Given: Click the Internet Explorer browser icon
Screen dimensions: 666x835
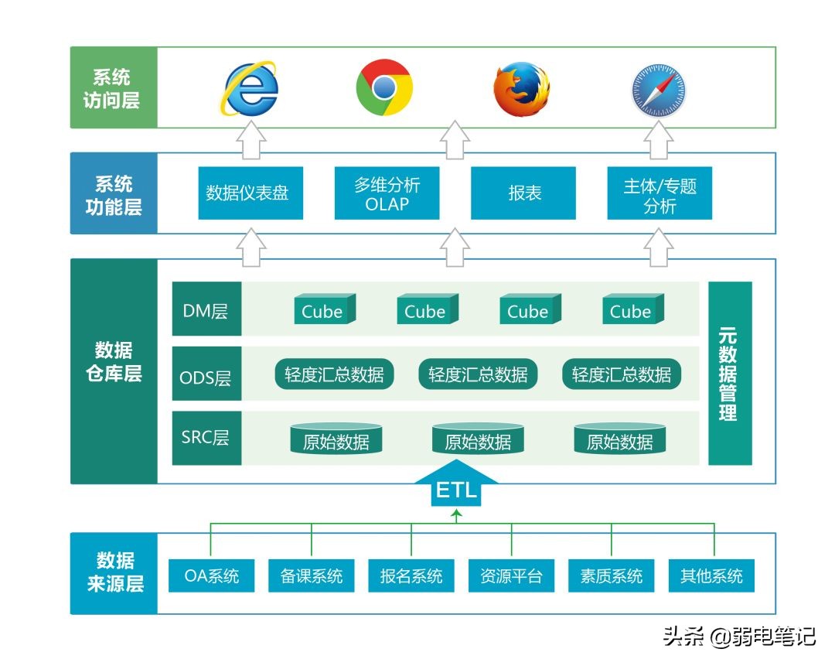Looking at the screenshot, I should (249, 88).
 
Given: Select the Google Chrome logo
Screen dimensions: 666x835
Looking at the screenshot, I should (384, 87).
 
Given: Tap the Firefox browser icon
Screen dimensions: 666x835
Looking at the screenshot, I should (522, 88).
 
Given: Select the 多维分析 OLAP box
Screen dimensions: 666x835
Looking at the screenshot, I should (387, 193).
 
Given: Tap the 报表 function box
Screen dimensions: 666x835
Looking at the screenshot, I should (523, 193).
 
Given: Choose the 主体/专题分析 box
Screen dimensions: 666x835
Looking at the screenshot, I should (659, 193).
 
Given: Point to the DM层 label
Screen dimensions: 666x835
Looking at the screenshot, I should (206, 311).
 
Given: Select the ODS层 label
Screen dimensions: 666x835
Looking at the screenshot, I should (206, 377).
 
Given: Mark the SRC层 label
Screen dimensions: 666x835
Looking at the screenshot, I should (206, 437).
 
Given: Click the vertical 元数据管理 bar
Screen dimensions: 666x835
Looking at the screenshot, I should (729, 373).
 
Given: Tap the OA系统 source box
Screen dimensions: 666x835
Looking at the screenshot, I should (211, 575).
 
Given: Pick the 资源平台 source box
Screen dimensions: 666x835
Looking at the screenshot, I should (511, 575).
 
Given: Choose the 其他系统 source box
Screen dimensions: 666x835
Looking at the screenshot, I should (711, 575).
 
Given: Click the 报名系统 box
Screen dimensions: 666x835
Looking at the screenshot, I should (411, 575).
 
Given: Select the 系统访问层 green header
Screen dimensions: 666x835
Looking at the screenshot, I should (113, 88).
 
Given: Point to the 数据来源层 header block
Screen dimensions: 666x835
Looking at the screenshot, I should (114, 573).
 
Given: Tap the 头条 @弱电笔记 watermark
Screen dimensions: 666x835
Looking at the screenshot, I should (739, 637).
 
